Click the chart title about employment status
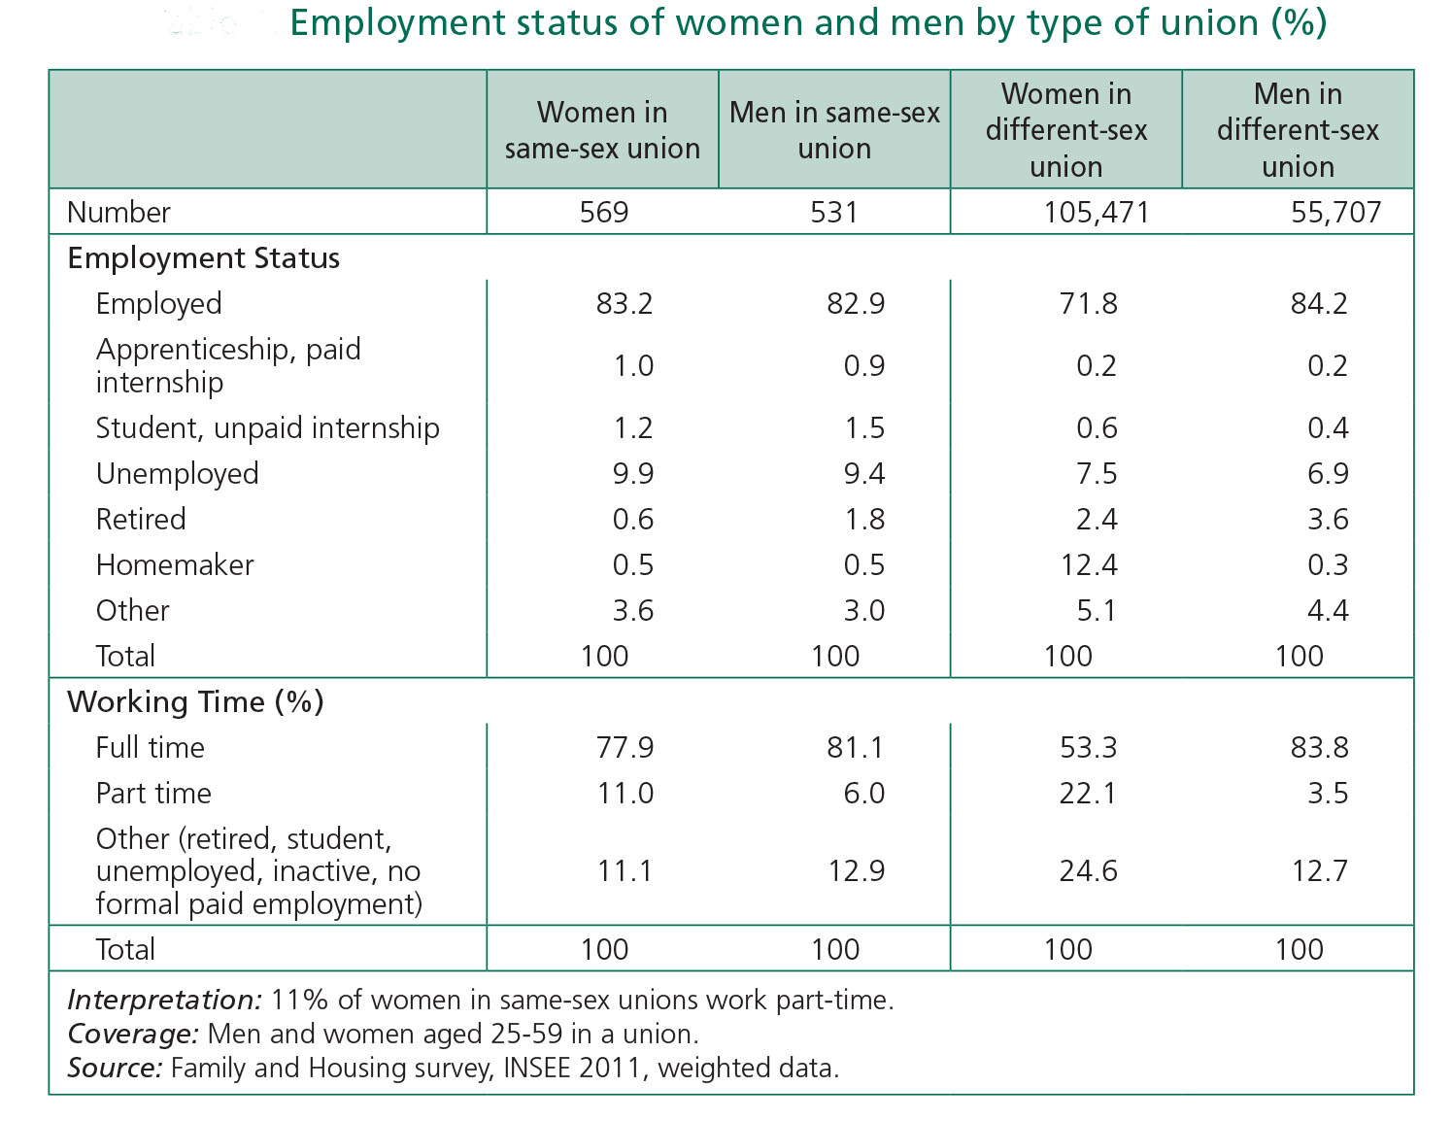(x=808, y=23)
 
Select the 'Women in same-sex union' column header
(x=602, y=130)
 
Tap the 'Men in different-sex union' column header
(x=1298, y=130)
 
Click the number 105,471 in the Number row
(x=1096, y=212)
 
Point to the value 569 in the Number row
(x=604, y=212)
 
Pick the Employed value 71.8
(x=1089, y=304)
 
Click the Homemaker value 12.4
(x=1089, y=565)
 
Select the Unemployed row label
(x=177, y=474)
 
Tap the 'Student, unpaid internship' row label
(x=267, y=428)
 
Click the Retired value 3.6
(x=1327, y=520)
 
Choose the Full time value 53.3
(x=1089, y=748)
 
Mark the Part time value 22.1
(x=1089, y=794)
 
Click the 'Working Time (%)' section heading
(x=195, y=702)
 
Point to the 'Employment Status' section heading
(x=204, y=258)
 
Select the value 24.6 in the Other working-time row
(x=1089, y=871)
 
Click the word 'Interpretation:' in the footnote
(x=164, y=1001)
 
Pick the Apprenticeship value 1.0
(x=633, y=366)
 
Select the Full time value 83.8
(x=1319, y=748)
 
